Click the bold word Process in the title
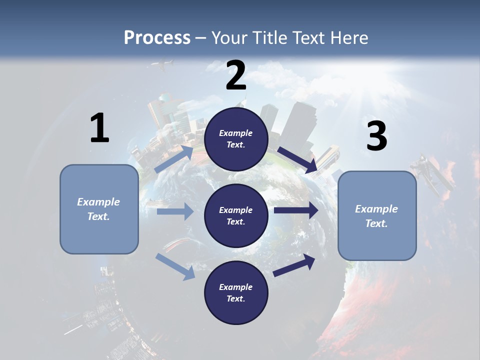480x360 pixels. (157, 38)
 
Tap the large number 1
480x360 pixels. (99, 128)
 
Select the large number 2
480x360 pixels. (236, 75)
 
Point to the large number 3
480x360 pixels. (377, 136)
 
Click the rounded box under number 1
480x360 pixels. (99, 209)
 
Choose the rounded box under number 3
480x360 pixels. (377, 216)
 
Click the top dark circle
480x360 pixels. (236, 139)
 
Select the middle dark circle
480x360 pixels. (236, 216)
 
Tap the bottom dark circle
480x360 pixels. (236, 293)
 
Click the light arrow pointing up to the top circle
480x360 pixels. (174, 158)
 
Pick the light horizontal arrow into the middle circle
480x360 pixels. (175, 211)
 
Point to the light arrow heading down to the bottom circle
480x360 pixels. (175, 266)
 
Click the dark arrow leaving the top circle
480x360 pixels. (297, 159)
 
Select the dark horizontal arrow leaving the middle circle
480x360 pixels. (296, 210)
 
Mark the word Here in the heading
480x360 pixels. (349, 38)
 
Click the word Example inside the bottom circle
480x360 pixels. (236, 287)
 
